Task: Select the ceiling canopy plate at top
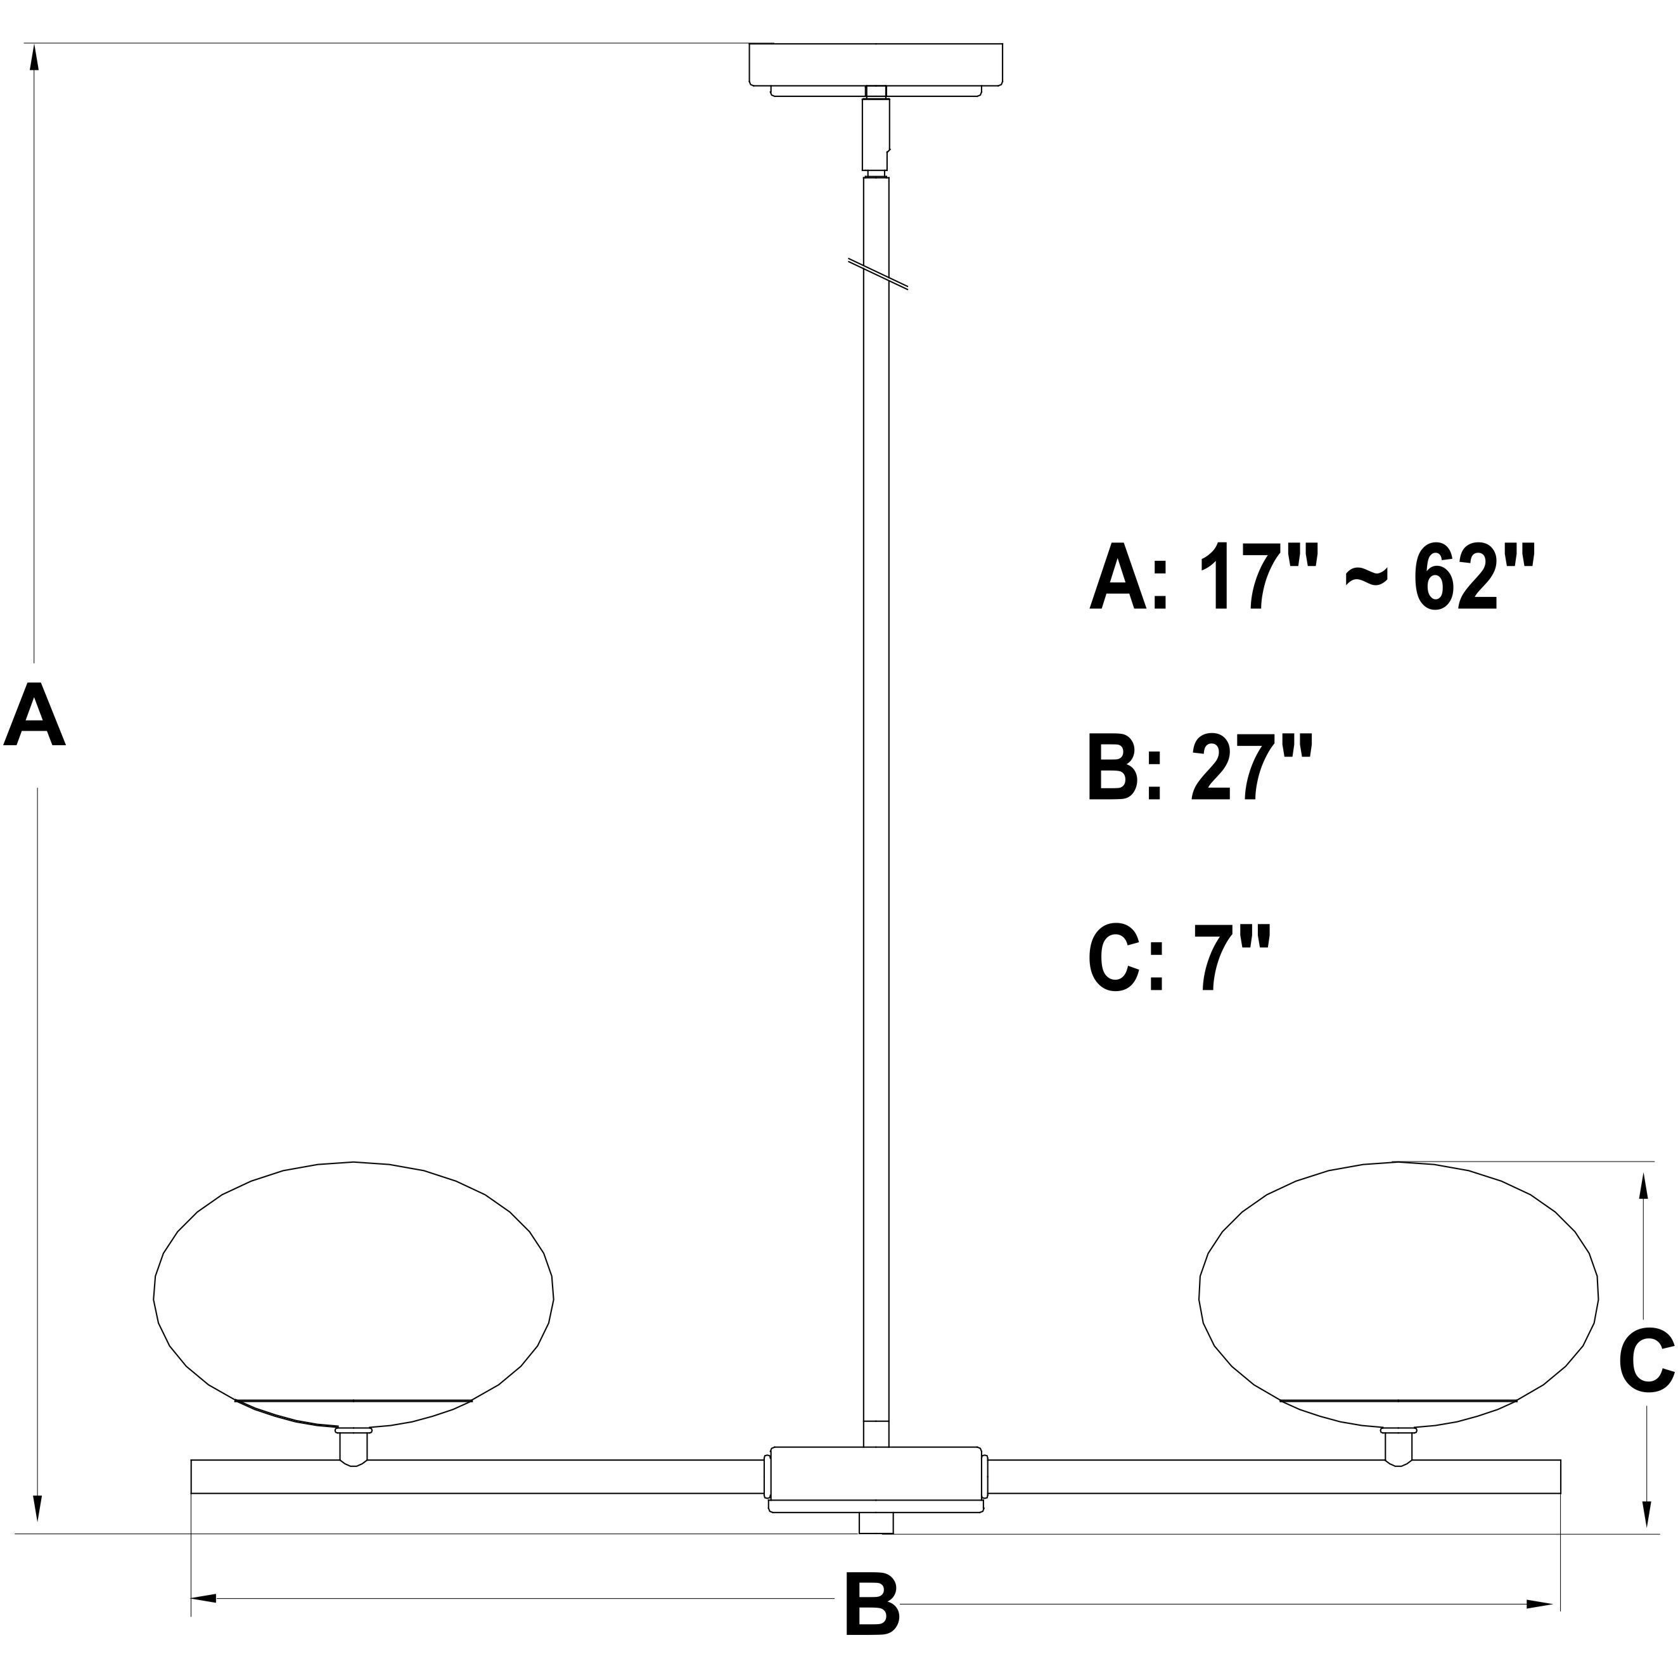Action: tap(876, 66)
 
